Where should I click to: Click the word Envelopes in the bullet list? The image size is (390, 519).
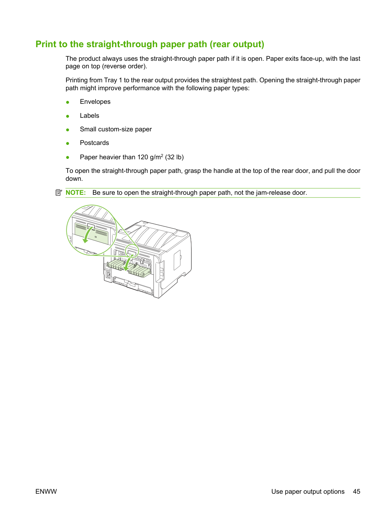click(95, 102)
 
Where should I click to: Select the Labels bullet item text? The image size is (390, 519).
click(89, 116)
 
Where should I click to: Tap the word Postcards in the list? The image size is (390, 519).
click(94, 143)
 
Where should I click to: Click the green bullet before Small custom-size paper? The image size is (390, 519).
click(68, 130)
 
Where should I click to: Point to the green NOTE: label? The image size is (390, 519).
click(76, 193)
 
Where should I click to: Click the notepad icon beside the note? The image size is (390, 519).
click(59, 193)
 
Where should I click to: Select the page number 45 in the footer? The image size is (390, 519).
click(356, 491)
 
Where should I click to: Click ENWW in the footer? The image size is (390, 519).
click(46, 491)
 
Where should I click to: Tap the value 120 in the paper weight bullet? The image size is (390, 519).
click(143, 157)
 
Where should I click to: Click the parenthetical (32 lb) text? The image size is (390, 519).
click(174, 157)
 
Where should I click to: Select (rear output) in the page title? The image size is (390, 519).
click(237, 45)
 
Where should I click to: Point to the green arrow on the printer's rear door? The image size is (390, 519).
click(128, 263)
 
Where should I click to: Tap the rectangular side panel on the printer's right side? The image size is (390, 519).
click(177, 260)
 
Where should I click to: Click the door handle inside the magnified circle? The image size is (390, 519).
click(91, 226)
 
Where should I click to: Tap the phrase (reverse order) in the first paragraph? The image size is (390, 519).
click(123, 66)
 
